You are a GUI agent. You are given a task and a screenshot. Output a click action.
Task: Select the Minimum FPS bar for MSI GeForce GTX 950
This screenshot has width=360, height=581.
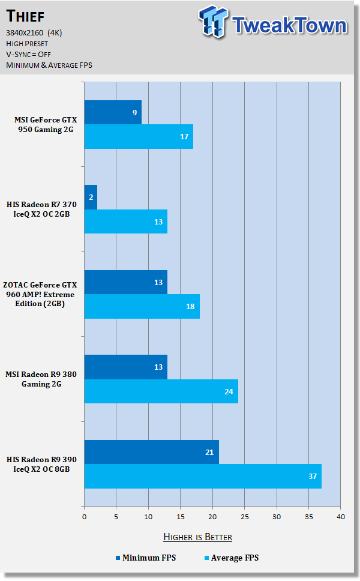coord(113,112)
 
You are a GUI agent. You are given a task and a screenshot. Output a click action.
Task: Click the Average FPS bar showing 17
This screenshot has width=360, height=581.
coord(139,136)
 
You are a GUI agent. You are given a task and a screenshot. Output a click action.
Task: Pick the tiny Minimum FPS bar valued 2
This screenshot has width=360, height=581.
coord(91,197)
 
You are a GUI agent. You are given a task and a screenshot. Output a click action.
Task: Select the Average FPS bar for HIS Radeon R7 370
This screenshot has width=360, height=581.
coord(125,221)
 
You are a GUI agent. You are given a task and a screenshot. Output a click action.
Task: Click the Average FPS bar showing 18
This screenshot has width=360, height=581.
coord(142,307)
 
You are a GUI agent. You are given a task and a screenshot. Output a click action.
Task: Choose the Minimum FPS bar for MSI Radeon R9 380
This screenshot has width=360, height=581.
coord(125,367)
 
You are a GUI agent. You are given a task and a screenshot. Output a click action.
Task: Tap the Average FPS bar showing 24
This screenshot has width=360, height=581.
coord(161,391)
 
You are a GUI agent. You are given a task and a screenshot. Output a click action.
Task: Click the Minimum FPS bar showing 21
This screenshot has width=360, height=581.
coord(151,452)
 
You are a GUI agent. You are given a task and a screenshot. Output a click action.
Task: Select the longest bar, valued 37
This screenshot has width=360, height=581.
coord(203,476)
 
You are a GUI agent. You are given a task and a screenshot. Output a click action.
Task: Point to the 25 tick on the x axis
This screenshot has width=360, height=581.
coord(244,516)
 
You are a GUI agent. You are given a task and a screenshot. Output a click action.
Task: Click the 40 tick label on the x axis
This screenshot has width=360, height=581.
coord(340,516)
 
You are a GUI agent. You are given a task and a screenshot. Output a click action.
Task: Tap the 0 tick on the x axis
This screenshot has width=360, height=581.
coord(85,516)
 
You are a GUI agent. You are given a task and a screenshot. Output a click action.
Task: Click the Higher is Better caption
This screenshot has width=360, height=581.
coord(197,537)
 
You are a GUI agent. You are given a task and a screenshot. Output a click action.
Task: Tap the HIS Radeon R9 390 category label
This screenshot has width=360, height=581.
coord(43,464)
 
